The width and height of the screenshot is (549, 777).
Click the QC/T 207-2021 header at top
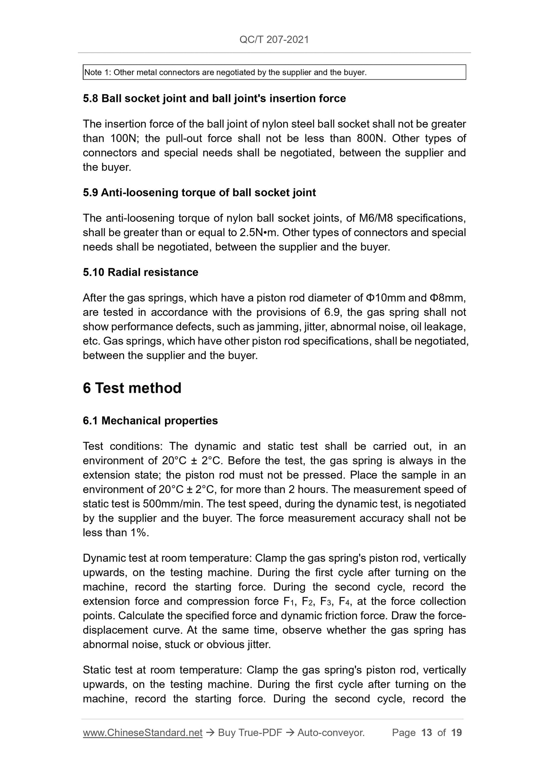click(274, 40)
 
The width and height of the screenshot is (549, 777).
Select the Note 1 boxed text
click(225, 72)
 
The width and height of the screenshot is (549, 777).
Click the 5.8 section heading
click(214, 98)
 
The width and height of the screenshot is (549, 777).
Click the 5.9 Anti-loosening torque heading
click(199, 192)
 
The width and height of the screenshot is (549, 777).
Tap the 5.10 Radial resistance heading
click(141, 272)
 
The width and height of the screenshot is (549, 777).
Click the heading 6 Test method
click(132, 388)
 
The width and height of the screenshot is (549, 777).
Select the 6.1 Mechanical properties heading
click(150, 421)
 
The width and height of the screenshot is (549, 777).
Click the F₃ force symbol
click(327, 601)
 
